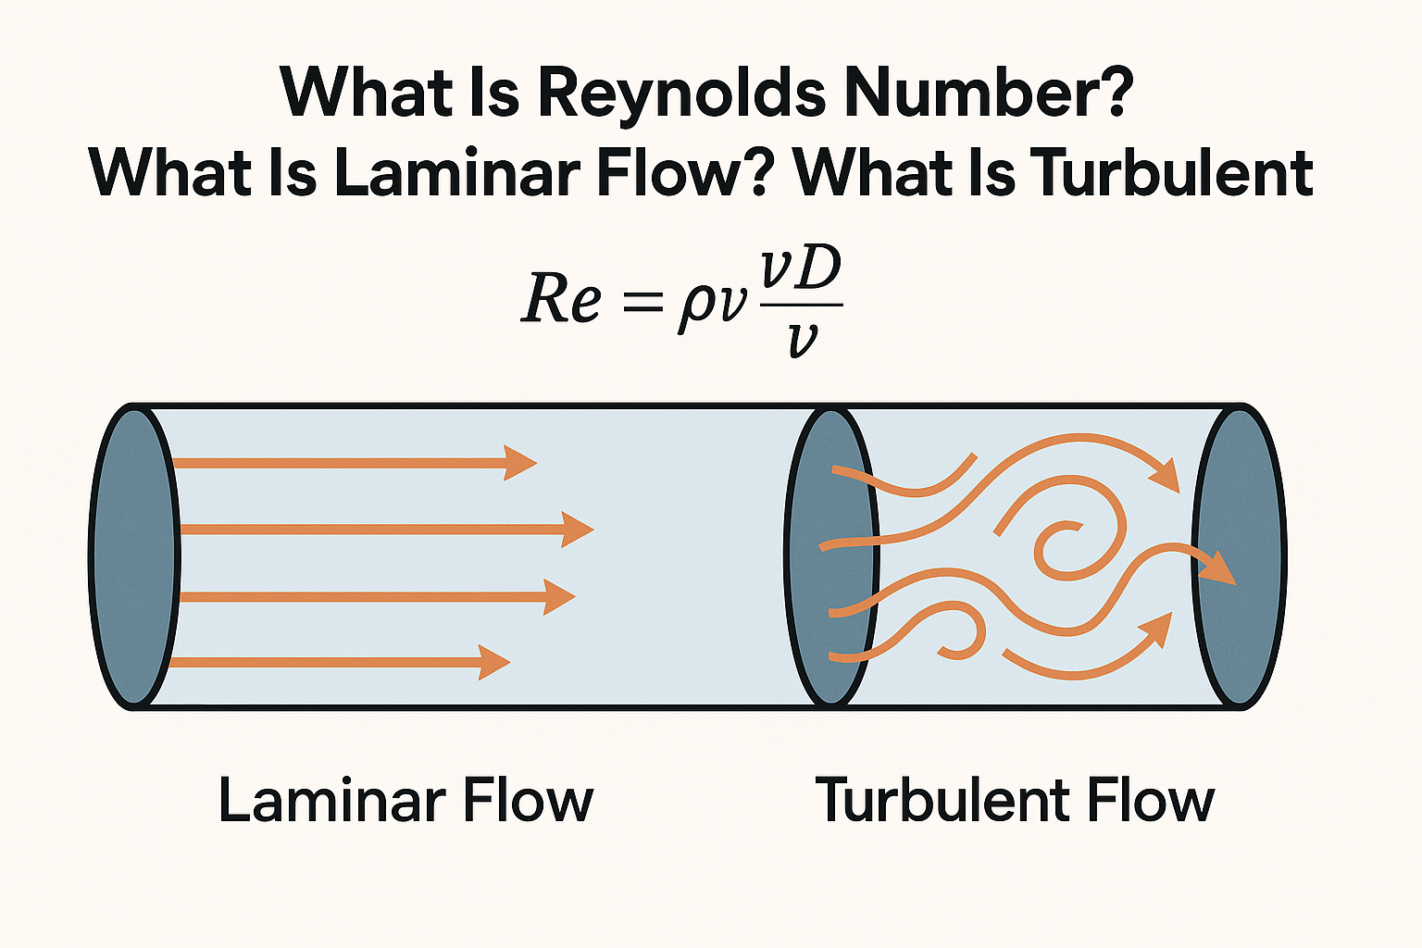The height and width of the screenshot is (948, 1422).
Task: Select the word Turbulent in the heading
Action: tap(1172, 173)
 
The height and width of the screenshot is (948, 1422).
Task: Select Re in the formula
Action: tap(561, 298)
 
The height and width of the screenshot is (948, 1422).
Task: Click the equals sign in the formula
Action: tap(643, 301)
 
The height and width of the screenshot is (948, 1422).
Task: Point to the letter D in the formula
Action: tap(817, 269)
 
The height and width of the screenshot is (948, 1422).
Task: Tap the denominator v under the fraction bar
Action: tap(802, 339)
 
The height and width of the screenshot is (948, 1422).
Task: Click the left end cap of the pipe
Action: tap(134, 556)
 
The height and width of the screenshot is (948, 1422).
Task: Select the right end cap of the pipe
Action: tap(1239, 556)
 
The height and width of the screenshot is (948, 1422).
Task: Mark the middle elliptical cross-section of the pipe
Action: tap(830, 556)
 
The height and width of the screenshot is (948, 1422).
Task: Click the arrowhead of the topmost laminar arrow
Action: tap(520, 462)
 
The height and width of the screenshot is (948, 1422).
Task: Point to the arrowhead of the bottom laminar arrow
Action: tap(495, 662)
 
